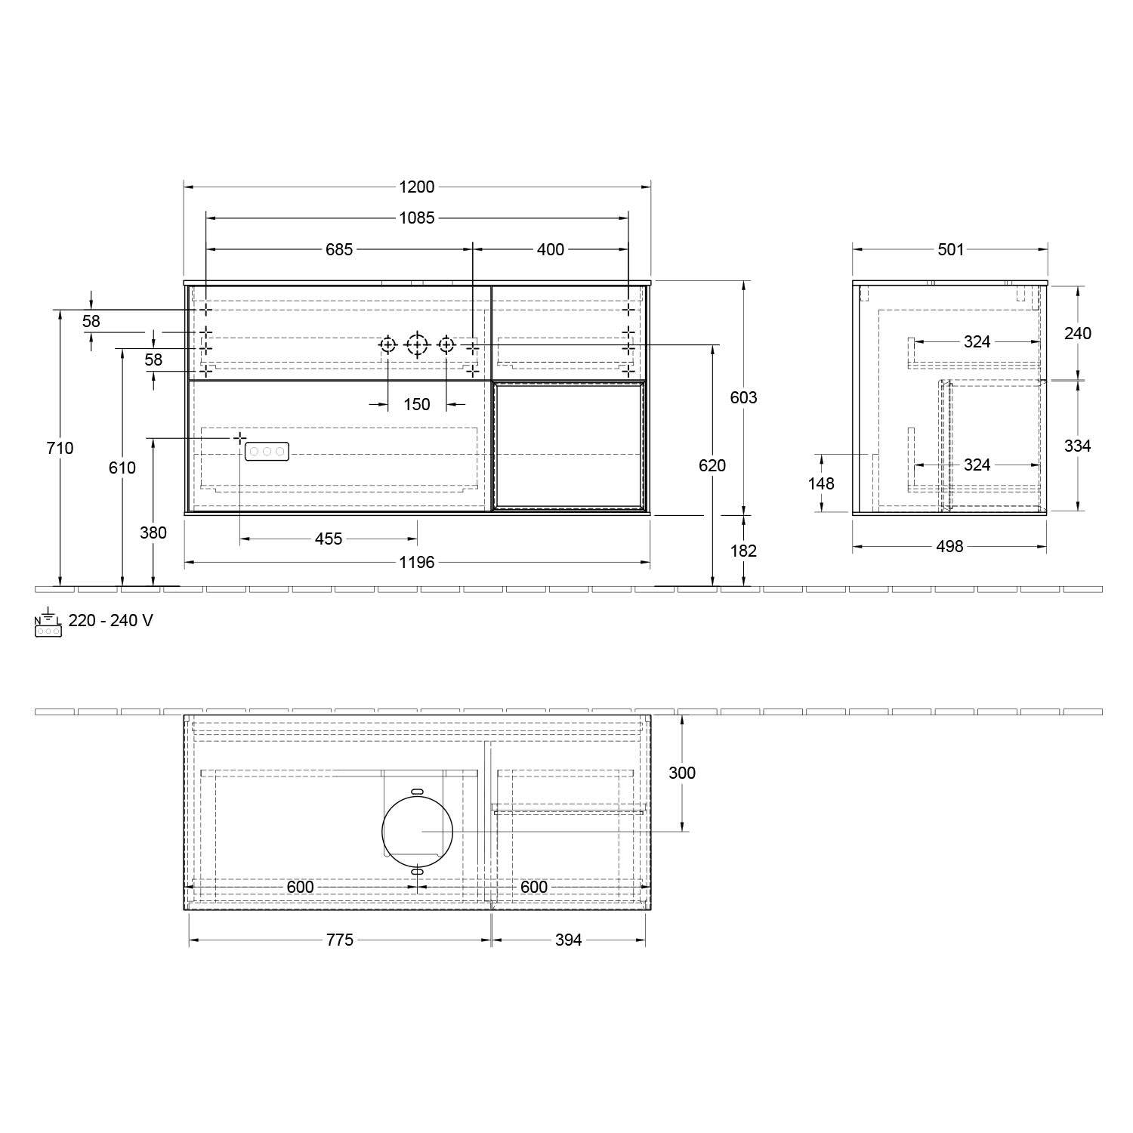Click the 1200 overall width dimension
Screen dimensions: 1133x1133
pos(417,187)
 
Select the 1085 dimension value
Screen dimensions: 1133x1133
pos(417,218)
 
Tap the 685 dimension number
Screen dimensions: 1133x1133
pos(339,249)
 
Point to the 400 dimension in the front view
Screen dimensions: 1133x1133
pos(551,249)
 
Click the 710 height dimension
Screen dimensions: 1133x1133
pos(60,448)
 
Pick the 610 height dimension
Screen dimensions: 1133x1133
pos(122,468)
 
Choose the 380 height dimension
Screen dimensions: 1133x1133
pos(153,533)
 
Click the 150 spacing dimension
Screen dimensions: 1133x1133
pos(417,404)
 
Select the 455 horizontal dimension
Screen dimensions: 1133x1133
pos(329,539)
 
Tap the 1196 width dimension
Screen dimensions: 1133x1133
pos(417,562)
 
